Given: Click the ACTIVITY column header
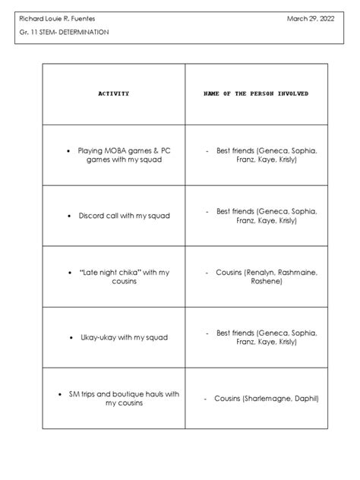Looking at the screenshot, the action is [113, 93].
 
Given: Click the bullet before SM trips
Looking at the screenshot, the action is [60, 393].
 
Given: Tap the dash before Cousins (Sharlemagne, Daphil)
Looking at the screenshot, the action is [206, 398].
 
